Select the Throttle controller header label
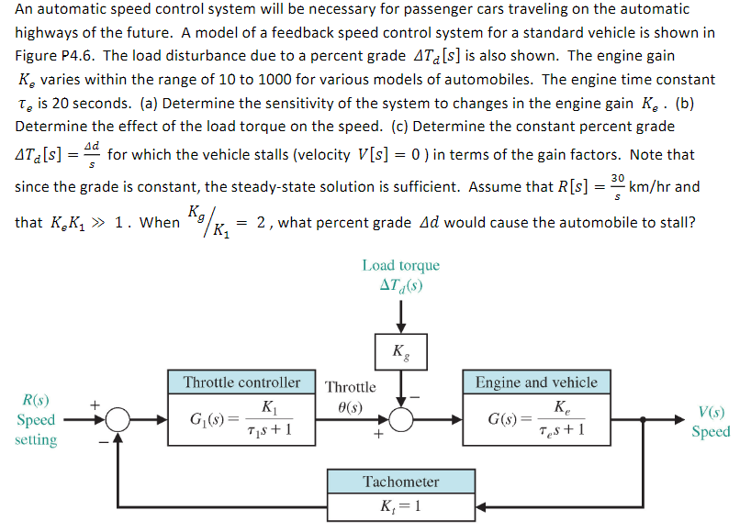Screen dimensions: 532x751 point(241,382)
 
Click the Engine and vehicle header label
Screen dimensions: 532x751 point(536,382)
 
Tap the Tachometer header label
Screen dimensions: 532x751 point(401,482)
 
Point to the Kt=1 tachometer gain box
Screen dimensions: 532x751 point(401,505)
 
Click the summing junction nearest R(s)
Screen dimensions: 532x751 point(117,420)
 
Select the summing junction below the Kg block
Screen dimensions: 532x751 point(401,420)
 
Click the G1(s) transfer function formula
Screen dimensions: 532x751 point(241,420)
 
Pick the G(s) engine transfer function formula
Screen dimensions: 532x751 point(536,420)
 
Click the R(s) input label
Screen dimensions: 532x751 point(36,400)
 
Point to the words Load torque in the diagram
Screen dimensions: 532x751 point(401,266)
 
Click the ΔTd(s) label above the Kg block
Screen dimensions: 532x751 point(401,284)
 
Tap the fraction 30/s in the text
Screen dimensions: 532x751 point(617,186)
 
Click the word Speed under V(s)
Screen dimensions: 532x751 point(711,431)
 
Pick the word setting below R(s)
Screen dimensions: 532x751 point(36,440)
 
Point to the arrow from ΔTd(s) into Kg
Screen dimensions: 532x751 point(401,316)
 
